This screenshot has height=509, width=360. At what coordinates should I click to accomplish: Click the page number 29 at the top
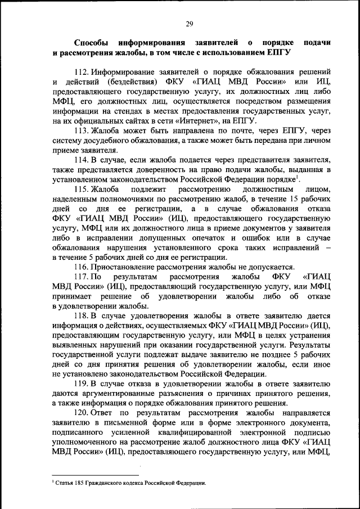[x=190, y=23]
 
